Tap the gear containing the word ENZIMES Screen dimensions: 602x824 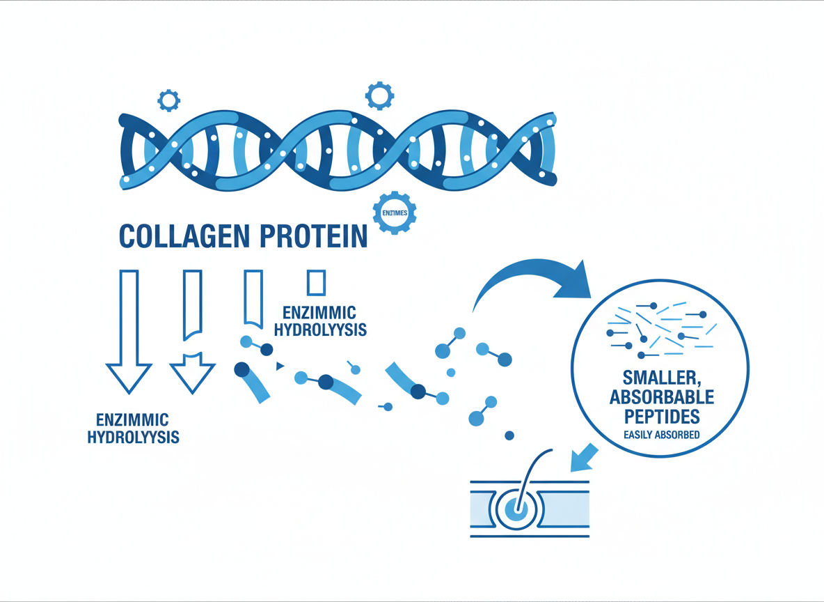[395, 212]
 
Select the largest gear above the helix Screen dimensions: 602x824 [379, 95]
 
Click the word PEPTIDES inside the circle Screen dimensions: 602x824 [660, 417]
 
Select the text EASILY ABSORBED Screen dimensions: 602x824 [660, 436]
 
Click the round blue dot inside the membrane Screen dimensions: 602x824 [516, 510]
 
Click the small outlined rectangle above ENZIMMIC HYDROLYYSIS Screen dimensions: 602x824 [316, 282]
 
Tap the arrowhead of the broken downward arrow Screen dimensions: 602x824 [192, 373]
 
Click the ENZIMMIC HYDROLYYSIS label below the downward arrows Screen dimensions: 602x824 [133, 429]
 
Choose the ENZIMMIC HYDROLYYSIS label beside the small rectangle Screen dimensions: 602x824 [320, 321]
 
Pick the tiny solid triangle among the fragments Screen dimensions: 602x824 [280, 366]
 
